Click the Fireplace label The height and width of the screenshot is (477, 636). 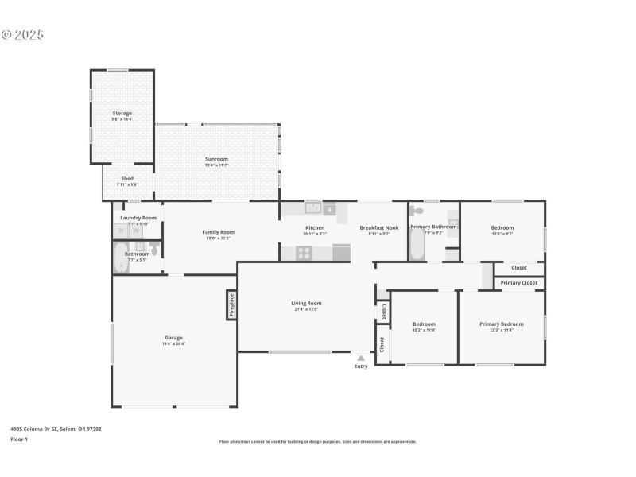(231, 305)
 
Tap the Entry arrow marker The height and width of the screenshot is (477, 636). (361, 358)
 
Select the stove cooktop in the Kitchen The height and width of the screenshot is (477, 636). (304, 253)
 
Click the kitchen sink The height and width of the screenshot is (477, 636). (313, 208)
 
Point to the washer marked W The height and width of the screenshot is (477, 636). (136, 231)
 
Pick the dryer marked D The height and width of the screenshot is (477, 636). (121, 231)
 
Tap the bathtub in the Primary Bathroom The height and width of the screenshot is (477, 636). (417, 246)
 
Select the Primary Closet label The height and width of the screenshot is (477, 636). (518, 283)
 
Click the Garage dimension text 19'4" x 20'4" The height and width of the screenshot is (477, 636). (173, 344)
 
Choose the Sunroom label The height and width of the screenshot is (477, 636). (216, 159)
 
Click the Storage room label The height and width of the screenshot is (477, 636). (122, 113)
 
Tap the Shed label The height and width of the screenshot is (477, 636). (127, 178)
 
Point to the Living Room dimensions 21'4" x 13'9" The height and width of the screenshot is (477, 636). (306, 309)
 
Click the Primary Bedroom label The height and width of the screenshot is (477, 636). (501, 324)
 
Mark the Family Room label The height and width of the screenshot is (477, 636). (218, 232)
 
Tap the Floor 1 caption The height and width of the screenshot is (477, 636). (19, 439)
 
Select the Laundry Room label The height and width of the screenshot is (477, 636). (138, 217)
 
